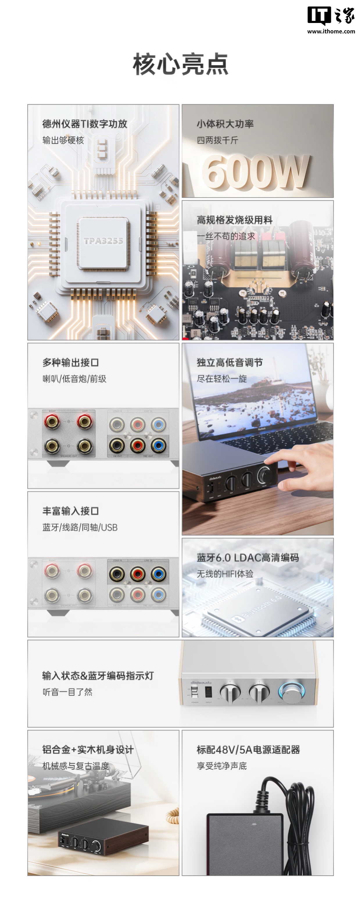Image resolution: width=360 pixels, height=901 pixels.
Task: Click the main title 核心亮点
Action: coord(180,64)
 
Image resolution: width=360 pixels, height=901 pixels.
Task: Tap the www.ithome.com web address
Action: coord(331,31)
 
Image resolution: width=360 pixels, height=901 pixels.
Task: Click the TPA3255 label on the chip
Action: coord(103,241)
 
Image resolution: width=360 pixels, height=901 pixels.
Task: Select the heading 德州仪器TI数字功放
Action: coord(85,124)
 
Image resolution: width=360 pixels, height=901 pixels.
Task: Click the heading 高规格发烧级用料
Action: coord(234,220)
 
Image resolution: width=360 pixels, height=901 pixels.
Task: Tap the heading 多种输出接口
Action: coord(71,362)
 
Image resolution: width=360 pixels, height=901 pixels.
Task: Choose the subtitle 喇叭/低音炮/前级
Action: coord(74,379)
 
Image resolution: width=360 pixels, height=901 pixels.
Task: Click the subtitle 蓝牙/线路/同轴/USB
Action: coord(80,527)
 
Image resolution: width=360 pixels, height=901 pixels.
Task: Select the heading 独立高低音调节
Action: coord(230,362)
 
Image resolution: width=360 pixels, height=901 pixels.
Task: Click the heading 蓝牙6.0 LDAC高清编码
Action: coord(248,558)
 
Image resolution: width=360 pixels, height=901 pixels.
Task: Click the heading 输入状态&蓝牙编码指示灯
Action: coord(98,676)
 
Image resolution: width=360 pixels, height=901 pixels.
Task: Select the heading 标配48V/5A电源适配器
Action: coord(248,750)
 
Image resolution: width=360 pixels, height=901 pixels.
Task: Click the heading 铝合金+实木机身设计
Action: coord(88,750)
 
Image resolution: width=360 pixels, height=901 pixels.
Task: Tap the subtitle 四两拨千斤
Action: coord(217,140)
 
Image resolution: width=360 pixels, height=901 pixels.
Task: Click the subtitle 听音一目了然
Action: coord(67,692)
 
